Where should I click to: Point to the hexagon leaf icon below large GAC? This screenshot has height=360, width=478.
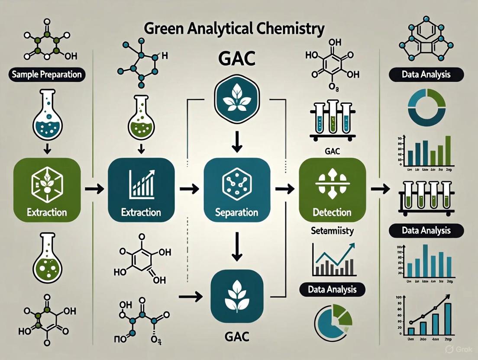(x=236, y=100)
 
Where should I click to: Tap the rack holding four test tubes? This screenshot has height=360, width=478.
(x=426, y=199)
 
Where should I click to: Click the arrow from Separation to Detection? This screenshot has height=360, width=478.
(x=284, y=189)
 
